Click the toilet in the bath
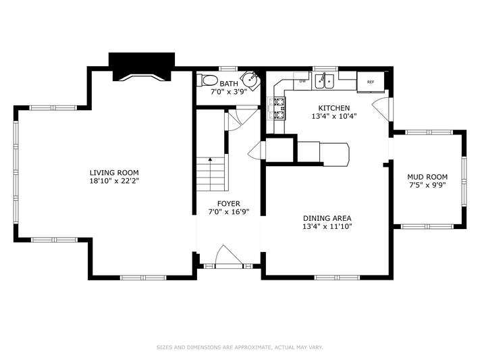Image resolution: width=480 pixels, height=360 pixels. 207,81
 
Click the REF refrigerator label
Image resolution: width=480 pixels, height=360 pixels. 371,82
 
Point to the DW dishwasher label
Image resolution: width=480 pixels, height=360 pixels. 302,81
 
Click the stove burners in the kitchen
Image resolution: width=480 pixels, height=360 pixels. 279,108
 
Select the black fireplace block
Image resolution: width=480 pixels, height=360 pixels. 142,67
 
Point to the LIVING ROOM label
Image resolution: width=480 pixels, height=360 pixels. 114,172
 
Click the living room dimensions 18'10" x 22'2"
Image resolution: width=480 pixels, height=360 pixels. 114,181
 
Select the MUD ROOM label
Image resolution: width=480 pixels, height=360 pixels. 427,177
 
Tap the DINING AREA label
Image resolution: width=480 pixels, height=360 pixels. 327,218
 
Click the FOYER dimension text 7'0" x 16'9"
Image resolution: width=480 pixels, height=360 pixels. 229,211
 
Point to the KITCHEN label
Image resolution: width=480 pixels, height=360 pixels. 334,108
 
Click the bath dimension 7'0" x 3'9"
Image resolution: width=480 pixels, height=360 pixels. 229,92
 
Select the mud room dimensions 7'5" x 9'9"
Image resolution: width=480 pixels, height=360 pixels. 427,185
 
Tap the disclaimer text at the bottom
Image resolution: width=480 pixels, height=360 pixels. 240,347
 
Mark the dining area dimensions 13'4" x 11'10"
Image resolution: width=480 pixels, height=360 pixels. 327,227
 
